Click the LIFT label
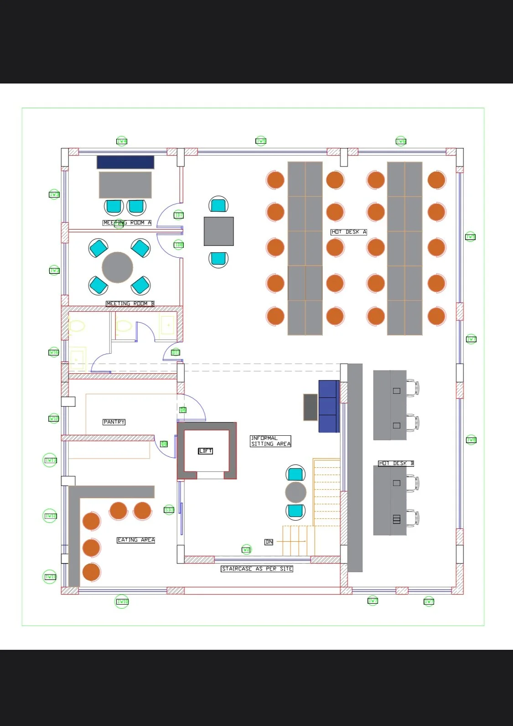(x=206, y=451)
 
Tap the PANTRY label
(x=114, y=422)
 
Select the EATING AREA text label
(x=136, y=540)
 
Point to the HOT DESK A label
(x=349, y=232)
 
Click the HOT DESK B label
(x=396, y=463)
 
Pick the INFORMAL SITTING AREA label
(x=270, y=441)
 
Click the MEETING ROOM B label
(x=130, y=303)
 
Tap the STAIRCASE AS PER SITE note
(x=257, y=569)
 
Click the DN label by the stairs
(x=269, y=542)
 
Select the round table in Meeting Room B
(x=117, y=267)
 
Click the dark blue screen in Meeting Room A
(x=125, y=162)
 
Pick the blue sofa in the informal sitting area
(x=329, y=406)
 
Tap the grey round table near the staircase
(x=295, y=492)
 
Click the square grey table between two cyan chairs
(x=219, y=231)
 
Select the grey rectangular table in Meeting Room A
(x=125, y=185)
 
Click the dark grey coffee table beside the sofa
(x=311, y=407)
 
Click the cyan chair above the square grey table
(x=218, y=205)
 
